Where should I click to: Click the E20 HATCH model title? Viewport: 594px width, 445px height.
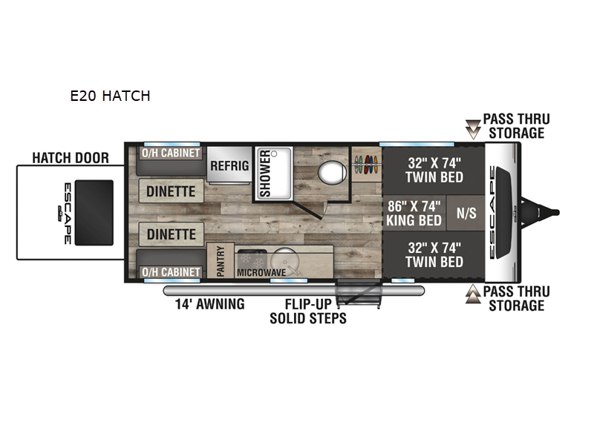[110, 96]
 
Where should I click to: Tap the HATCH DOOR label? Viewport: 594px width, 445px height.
[71, 158]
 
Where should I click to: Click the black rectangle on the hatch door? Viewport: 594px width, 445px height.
[94, 213]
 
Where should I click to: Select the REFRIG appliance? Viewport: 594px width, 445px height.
[229, 165]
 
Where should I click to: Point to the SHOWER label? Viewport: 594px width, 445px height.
[265, 174]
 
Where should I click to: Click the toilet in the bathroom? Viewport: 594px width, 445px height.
[332, 172]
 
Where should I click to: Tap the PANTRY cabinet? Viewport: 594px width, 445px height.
[221, 260]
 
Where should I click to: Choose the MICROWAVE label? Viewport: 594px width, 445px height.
[261, 272]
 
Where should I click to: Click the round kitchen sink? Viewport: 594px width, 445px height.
[284, 262]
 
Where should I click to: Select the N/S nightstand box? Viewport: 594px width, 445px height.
[466, 213]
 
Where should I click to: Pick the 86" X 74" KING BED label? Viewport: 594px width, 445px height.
[414, 213]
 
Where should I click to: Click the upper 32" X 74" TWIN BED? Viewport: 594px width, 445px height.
[434, 171]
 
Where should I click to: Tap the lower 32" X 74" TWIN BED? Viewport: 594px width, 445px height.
[434, 254]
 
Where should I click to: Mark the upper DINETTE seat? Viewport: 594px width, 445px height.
[172, 191]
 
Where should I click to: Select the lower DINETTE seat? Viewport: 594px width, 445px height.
[172, 234]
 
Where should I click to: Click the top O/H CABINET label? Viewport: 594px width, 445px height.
[171, 153]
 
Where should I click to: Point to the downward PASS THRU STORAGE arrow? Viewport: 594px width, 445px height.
[473, 129]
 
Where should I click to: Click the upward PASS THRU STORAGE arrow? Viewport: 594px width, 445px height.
[473, 294]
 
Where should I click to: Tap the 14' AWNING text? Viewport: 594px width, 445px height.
[210, 304]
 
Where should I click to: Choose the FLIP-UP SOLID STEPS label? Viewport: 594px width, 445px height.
[308, 311]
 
